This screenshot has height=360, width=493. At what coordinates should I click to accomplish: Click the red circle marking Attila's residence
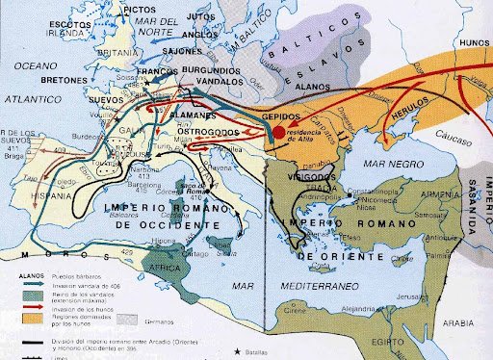click(278, 134)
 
